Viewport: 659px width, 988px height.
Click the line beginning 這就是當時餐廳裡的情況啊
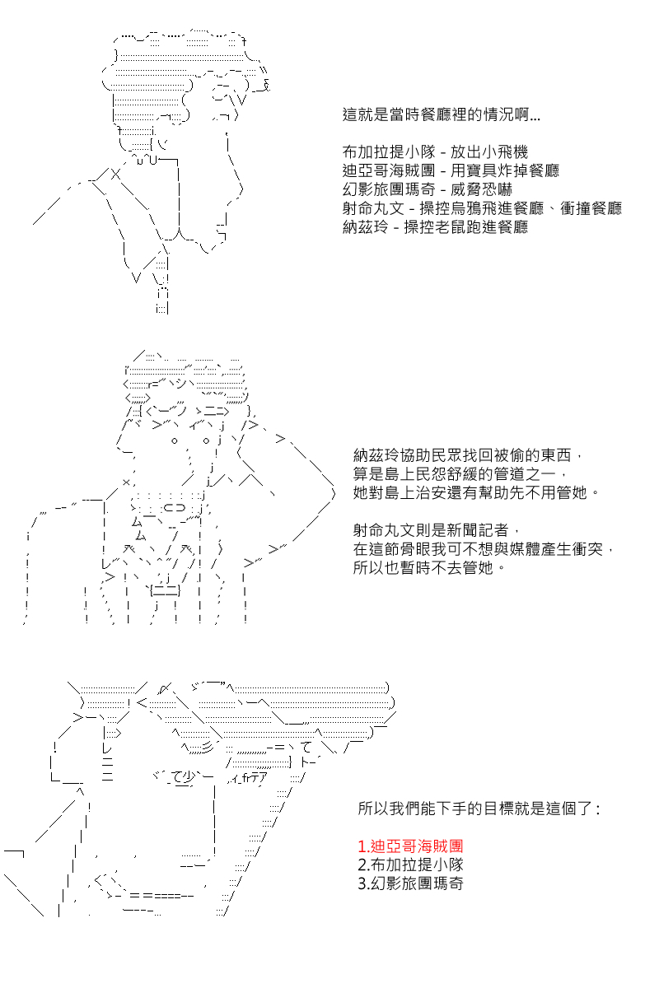point(441,115)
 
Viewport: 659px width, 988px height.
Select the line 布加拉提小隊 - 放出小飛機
point(435,152)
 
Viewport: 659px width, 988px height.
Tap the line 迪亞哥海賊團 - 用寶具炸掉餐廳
point(451,170)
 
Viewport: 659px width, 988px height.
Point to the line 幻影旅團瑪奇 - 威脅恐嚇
point(428,189)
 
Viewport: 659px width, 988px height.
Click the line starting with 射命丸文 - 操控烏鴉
point(482,208)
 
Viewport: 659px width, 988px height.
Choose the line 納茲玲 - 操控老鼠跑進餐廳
point(435,227)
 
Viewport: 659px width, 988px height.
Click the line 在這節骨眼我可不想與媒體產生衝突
point(484,549)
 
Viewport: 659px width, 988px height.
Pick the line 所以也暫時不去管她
point(428,567)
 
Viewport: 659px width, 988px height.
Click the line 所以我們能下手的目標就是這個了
point(479,809)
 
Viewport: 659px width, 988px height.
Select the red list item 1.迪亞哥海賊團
point(410,846)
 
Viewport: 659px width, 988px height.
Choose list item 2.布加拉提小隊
point(410,865)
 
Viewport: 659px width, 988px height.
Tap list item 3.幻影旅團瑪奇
point(410,884)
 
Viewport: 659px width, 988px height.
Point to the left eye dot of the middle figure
point(175,440)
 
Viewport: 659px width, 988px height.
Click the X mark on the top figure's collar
point(115,175)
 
